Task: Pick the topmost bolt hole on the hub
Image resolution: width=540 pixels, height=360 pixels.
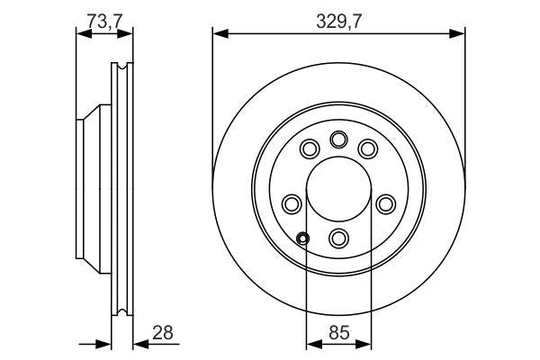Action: coord(338,139)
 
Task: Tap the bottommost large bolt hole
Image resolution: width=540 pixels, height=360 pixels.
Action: coord(338,238)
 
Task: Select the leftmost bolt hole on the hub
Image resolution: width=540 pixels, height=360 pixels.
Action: coord(292,202)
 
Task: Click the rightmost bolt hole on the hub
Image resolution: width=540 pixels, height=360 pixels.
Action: coord(385,202)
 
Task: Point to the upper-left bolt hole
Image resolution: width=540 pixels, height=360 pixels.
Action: coord(310,148)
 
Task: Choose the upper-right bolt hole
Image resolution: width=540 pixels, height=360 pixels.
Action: coord(367,148)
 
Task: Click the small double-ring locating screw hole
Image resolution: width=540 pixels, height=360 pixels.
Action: coord(303,238)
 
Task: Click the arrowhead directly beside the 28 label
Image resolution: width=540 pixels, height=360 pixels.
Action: coord(138,344)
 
